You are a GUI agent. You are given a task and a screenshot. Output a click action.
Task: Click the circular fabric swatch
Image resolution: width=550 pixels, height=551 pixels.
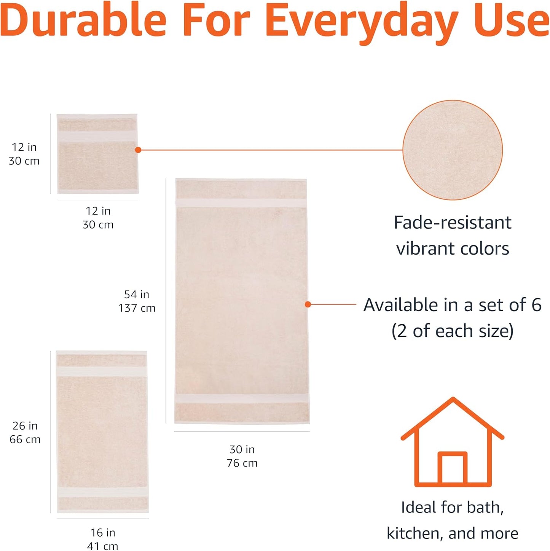coord(453,150)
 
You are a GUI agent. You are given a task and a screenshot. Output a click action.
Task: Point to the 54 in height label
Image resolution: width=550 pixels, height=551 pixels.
coord(137,295)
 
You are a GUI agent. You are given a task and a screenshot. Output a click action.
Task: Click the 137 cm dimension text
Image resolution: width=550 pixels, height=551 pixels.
coord(137,308)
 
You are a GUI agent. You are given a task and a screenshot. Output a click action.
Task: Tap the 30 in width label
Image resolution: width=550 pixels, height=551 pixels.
coord(242,449)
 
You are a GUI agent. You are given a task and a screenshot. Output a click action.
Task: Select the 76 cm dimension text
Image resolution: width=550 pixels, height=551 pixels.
coord(242,463)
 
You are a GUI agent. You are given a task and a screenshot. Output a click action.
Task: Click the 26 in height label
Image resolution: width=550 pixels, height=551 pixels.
coord(25,426)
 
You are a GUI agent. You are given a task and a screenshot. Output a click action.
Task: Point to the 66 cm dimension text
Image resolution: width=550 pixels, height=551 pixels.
coord(25,440)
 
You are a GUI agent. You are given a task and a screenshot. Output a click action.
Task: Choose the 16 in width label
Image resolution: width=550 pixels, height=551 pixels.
coord(103,533)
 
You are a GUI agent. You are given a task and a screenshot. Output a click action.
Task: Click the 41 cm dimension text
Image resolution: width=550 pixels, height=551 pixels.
coord(103,546)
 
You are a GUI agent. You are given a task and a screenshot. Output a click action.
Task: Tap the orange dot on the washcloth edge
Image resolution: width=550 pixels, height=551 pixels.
coord(138,150)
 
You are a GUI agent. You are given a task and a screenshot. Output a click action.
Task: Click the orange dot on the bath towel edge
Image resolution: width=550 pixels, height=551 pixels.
coord(308,304)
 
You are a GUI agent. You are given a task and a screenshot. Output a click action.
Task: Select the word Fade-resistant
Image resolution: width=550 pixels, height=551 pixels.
coord(453,223)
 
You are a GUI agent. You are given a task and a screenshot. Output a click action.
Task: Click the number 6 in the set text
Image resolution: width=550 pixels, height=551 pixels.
coord(536,305)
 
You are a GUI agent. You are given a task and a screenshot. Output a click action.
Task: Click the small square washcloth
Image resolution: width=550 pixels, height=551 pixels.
coord(97,154)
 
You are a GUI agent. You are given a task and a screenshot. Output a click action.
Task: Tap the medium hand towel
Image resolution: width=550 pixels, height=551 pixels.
coord(102,432)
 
